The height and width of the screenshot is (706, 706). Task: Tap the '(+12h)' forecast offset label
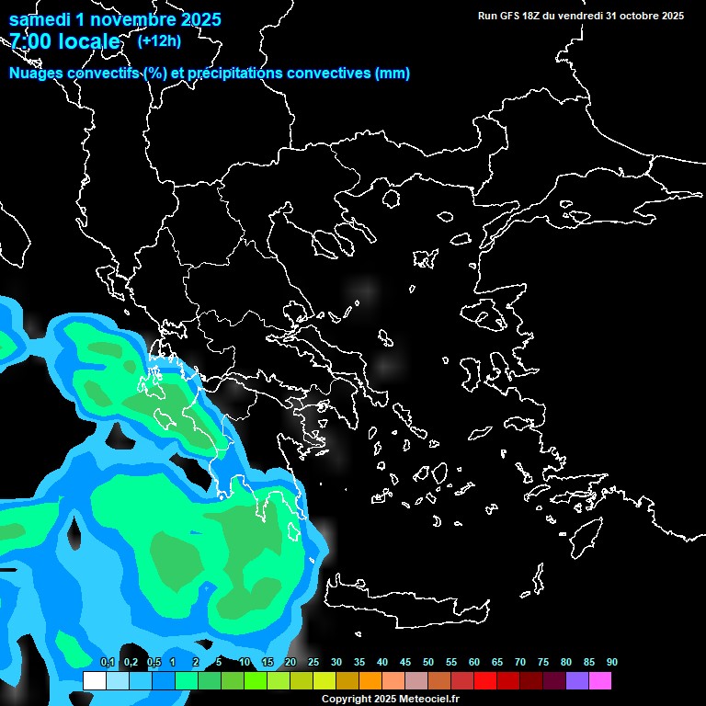(x=159, y=40)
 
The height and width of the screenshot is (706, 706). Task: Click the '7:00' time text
(x=28, y=41)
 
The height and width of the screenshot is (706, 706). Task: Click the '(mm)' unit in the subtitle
(x=392, y=74)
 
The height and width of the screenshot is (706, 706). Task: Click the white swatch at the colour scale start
(x=94, y=680)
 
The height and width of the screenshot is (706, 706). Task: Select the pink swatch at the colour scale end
(x=600, y=680)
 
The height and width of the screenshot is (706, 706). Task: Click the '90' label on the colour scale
(x=611, y=663)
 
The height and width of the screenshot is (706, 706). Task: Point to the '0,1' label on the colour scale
(x=107, y=663)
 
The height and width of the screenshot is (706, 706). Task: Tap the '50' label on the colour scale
(x=428, y=663)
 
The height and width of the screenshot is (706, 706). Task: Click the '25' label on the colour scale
(x=313, y=663)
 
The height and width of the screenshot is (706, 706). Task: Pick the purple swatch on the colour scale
(x=577, y=680)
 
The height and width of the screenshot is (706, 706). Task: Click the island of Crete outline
(x=404, y=602)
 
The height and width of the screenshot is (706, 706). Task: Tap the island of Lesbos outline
(x=490, y=318)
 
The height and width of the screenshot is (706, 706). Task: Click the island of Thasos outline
(x=391, y=199)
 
